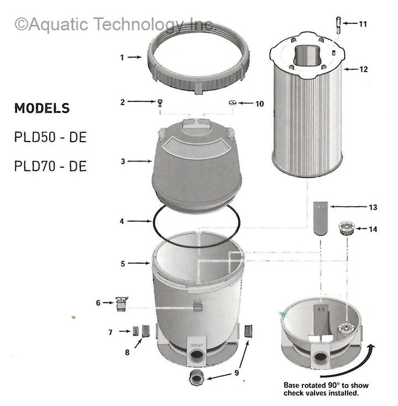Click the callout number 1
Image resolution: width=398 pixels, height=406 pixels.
(123, 56)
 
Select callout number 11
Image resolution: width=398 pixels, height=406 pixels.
(363, 24)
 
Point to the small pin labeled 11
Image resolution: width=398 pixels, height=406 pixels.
(336, 24)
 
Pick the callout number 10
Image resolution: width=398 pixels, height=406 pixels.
(260, 103)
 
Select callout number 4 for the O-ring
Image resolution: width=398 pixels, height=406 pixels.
(123, 221)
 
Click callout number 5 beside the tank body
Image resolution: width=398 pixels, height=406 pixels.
(123, 264)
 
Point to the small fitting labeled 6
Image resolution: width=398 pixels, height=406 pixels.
(121, 303)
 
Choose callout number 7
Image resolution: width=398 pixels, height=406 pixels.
(111, 332)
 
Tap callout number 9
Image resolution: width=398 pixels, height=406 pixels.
(237, 373)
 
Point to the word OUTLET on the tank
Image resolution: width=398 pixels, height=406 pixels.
(198, 343)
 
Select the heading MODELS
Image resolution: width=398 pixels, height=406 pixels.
(42, 108)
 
